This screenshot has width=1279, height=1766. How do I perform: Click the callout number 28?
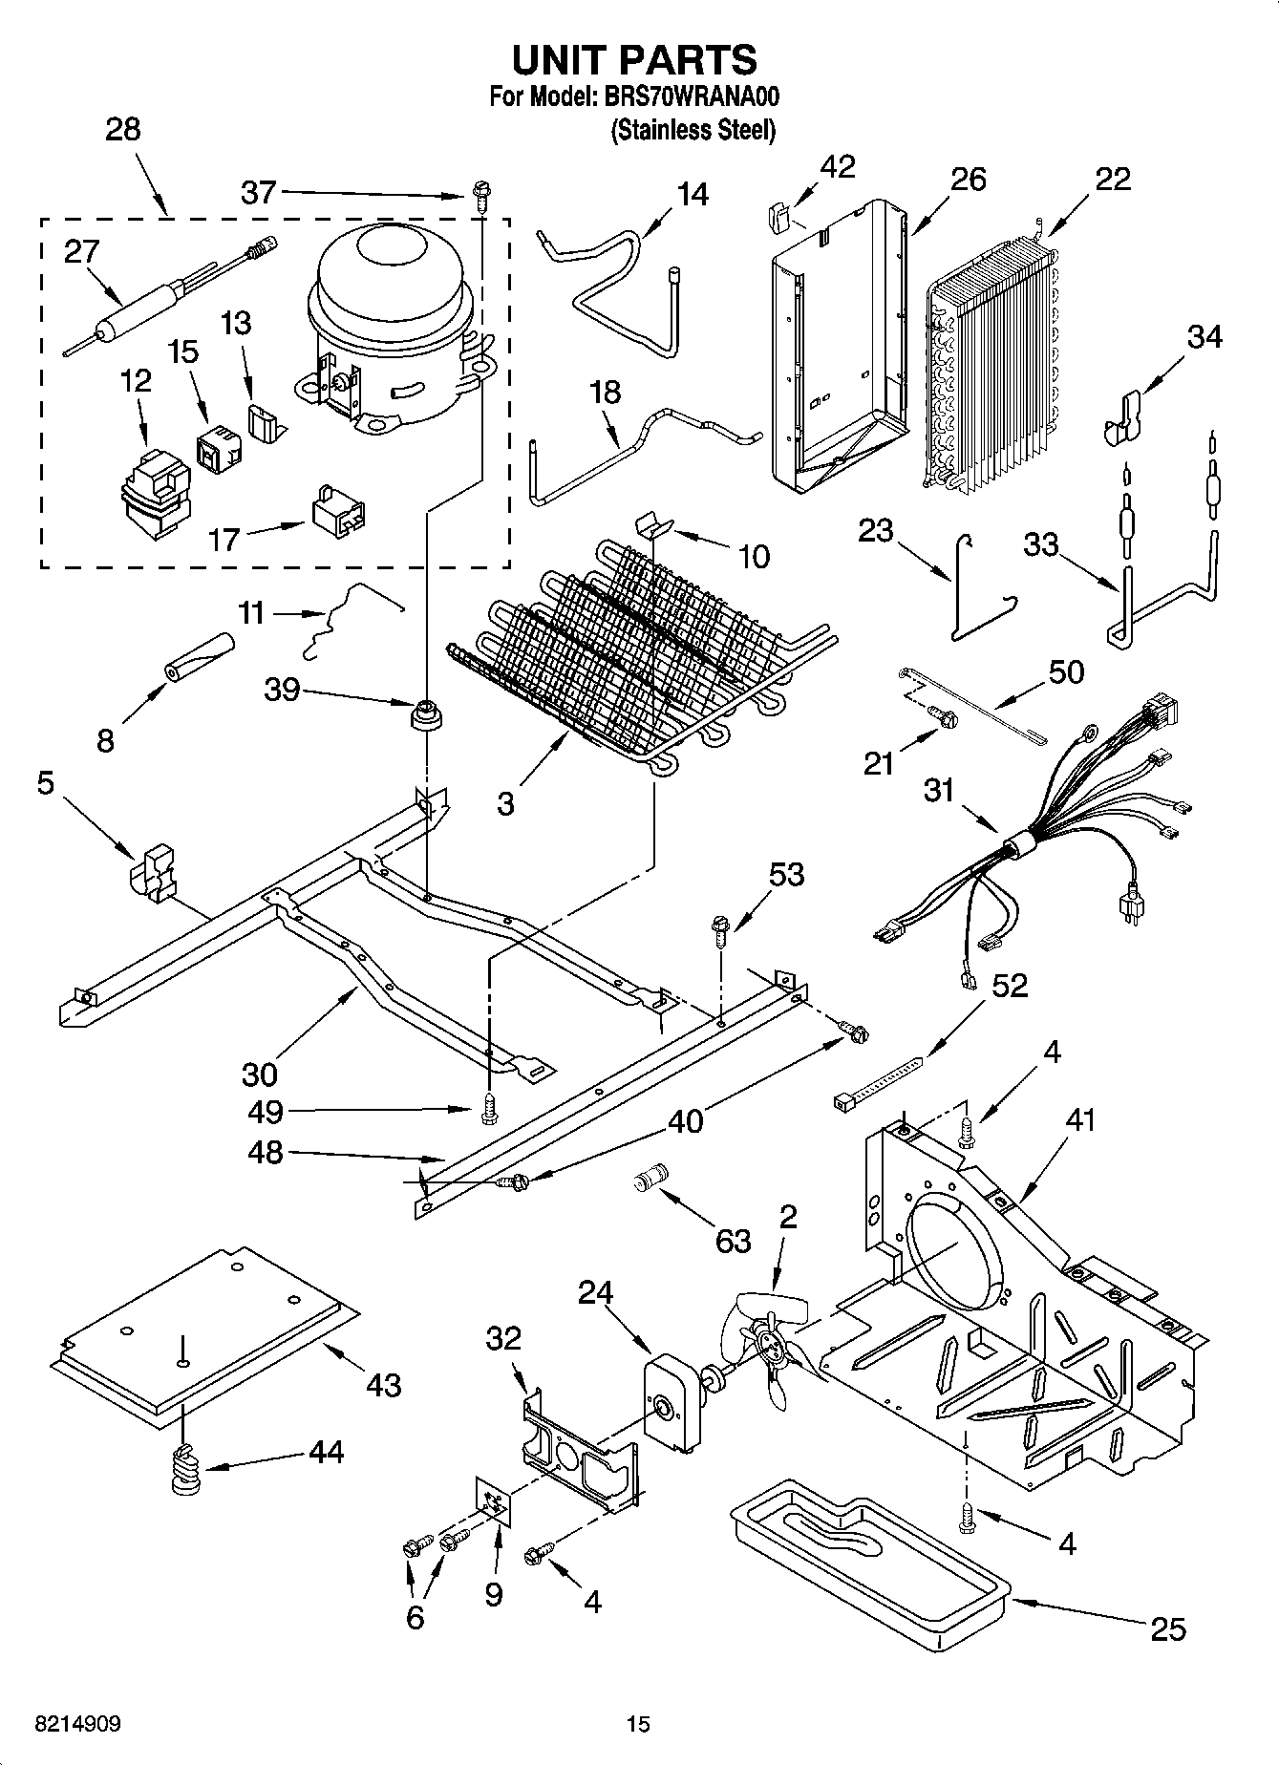122,129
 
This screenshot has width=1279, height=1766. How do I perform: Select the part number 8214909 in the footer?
77,1724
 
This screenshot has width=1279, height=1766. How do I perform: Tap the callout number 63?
734,1241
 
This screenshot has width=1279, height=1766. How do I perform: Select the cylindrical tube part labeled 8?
200,659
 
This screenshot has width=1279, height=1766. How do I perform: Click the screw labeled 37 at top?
480,197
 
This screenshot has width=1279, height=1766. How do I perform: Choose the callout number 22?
1112,179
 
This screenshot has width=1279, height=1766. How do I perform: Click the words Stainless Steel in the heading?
693,130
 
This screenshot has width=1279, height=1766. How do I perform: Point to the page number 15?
638,1724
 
